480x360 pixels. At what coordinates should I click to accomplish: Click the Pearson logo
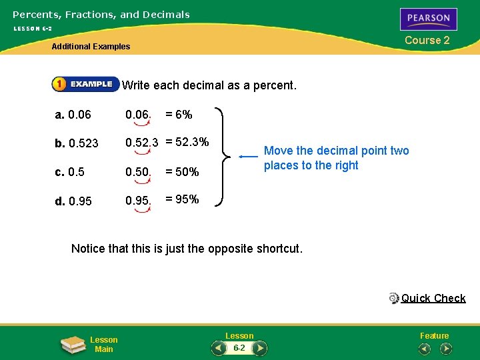coord(429,19)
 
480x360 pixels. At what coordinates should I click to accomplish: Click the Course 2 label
coord(427,40)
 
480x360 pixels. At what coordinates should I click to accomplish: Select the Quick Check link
coord(433,298)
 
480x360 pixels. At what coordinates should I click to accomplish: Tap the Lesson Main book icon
coord(72,344)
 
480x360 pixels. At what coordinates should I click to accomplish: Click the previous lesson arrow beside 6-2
coord(218,348)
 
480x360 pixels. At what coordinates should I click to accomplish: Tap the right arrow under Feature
coord(446,348)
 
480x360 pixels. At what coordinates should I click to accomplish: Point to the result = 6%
coord(179,115)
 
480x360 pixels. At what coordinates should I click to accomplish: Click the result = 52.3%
coord(187,142)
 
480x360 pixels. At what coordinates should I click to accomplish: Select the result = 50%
coord(182,171)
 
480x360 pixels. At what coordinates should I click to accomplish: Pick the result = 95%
coord(182,199)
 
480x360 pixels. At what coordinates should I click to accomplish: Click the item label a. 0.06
coord(73,115)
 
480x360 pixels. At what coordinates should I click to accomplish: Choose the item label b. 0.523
coord(77,143)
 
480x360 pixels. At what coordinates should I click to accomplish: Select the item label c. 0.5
coord(70,171)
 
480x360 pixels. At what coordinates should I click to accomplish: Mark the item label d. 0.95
coord(73,200)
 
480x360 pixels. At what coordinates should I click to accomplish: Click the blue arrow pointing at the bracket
coord(248,157)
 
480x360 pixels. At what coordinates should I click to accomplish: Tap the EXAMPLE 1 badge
coord(85,84)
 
